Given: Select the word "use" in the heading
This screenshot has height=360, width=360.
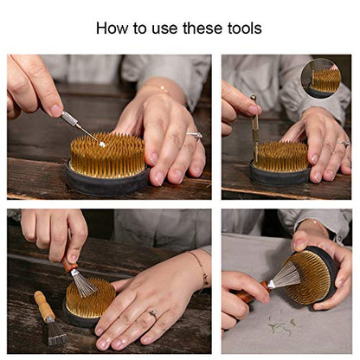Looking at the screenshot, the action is tap(164, 29).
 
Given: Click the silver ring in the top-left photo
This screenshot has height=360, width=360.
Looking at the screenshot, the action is tap(195, 136).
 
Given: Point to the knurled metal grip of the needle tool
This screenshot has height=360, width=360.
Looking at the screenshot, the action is tap(69, 119).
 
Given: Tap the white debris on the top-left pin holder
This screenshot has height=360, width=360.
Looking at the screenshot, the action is tap(102, 144).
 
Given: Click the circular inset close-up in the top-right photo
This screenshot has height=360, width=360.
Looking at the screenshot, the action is tap(321, 78).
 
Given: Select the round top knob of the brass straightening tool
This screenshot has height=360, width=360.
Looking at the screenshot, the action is tap(253, 99).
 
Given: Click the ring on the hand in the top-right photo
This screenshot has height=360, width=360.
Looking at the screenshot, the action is tap(344, 143).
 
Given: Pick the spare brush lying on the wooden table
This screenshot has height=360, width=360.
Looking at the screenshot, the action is tap(50, 318).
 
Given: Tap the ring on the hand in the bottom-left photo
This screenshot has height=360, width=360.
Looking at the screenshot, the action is tap(153, 313).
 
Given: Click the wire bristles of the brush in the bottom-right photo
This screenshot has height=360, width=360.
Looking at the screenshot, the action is tap(286, 276).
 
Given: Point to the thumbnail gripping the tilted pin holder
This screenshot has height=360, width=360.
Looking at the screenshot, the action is tap(300, 245).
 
